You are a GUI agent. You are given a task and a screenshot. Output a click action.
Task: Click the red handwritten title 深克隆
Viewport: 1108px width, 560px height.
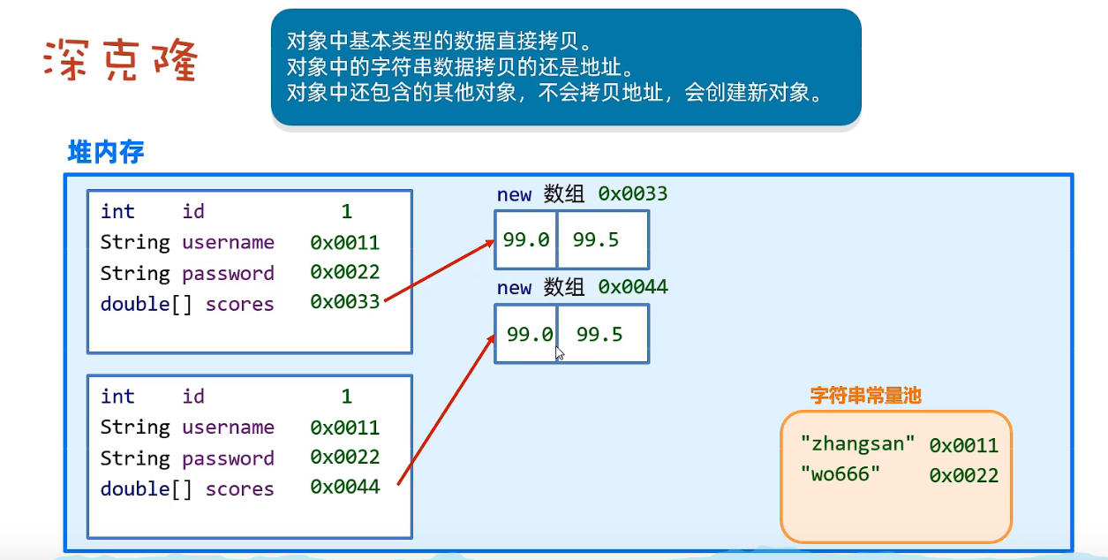click(121, 60)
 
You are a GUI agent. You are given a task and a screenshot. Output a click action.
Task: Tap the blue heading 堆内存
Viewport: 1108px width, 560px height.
click(106, 151)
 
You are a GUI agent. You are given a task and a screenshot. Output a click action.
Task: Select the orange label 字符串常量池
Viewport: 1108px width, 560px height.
click(865, 395)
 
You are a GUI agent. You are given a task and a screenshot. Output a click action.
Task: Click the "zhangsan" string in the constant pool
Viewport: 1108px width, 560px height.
click(858, 443)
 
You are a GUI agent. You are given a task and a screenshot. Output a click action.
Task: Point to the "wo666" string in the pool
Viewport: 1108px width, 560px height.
click(840, 474)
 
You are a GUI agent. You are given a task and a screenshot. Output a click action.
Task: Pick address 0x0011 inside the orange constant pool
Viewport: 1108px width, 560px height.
click(963, 445)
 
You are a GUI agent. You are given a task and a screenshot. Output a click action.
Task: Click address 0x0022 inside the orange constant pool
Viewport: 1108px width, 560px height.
click(963, 475)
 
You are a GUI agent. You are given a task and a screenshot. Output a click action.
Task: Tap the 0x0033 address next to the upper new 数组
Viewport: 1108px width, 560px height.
click(633, 193)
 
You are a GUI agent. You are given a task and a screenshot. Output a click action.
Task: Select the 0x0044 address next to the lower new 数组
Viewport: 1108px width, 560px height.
click(633, 286)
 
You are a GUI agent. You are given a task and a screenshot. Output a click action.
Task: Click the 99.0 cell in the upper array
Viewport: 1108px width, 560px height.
click(526, 240)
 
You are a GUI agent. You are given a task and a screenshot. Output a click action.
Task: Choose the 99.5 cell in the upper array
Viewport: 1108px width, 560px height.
click(603, 240)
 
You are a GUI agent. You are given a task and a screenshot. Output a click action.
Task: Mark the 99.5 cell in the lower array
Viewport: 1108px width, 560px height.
click(603, 334)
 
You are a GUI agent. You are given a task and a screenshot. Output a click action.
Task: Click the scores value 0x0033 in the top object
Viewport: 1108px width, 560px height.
click(345, 301)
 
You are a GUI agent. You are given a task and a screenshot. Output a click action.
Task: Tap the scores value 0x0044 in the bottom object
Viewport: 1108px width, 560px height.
click(345, 487)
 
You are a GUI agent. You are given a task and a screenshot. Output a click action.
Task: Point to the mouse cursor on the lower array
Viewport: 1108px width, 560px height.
click(560, 353)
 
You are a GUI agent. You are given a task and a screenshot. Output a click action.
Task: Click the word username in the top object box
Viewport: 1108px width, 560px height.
click(228, 242)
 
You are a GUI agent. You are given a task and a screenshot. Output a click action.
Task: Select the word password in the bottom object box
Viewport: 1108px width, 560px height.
click(228, 458)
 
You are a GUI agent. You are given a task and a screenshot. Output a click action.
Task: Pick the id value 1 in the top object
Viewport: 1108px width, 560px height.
click(346, 212)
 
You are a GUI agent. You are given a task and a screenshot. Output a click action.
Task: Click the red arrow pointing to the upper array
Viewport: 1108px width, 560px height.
click(440, 270)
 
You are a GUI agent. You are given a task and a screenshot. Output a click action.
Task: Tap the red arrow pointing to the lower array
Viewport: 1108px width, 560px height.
click(446, 410)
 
